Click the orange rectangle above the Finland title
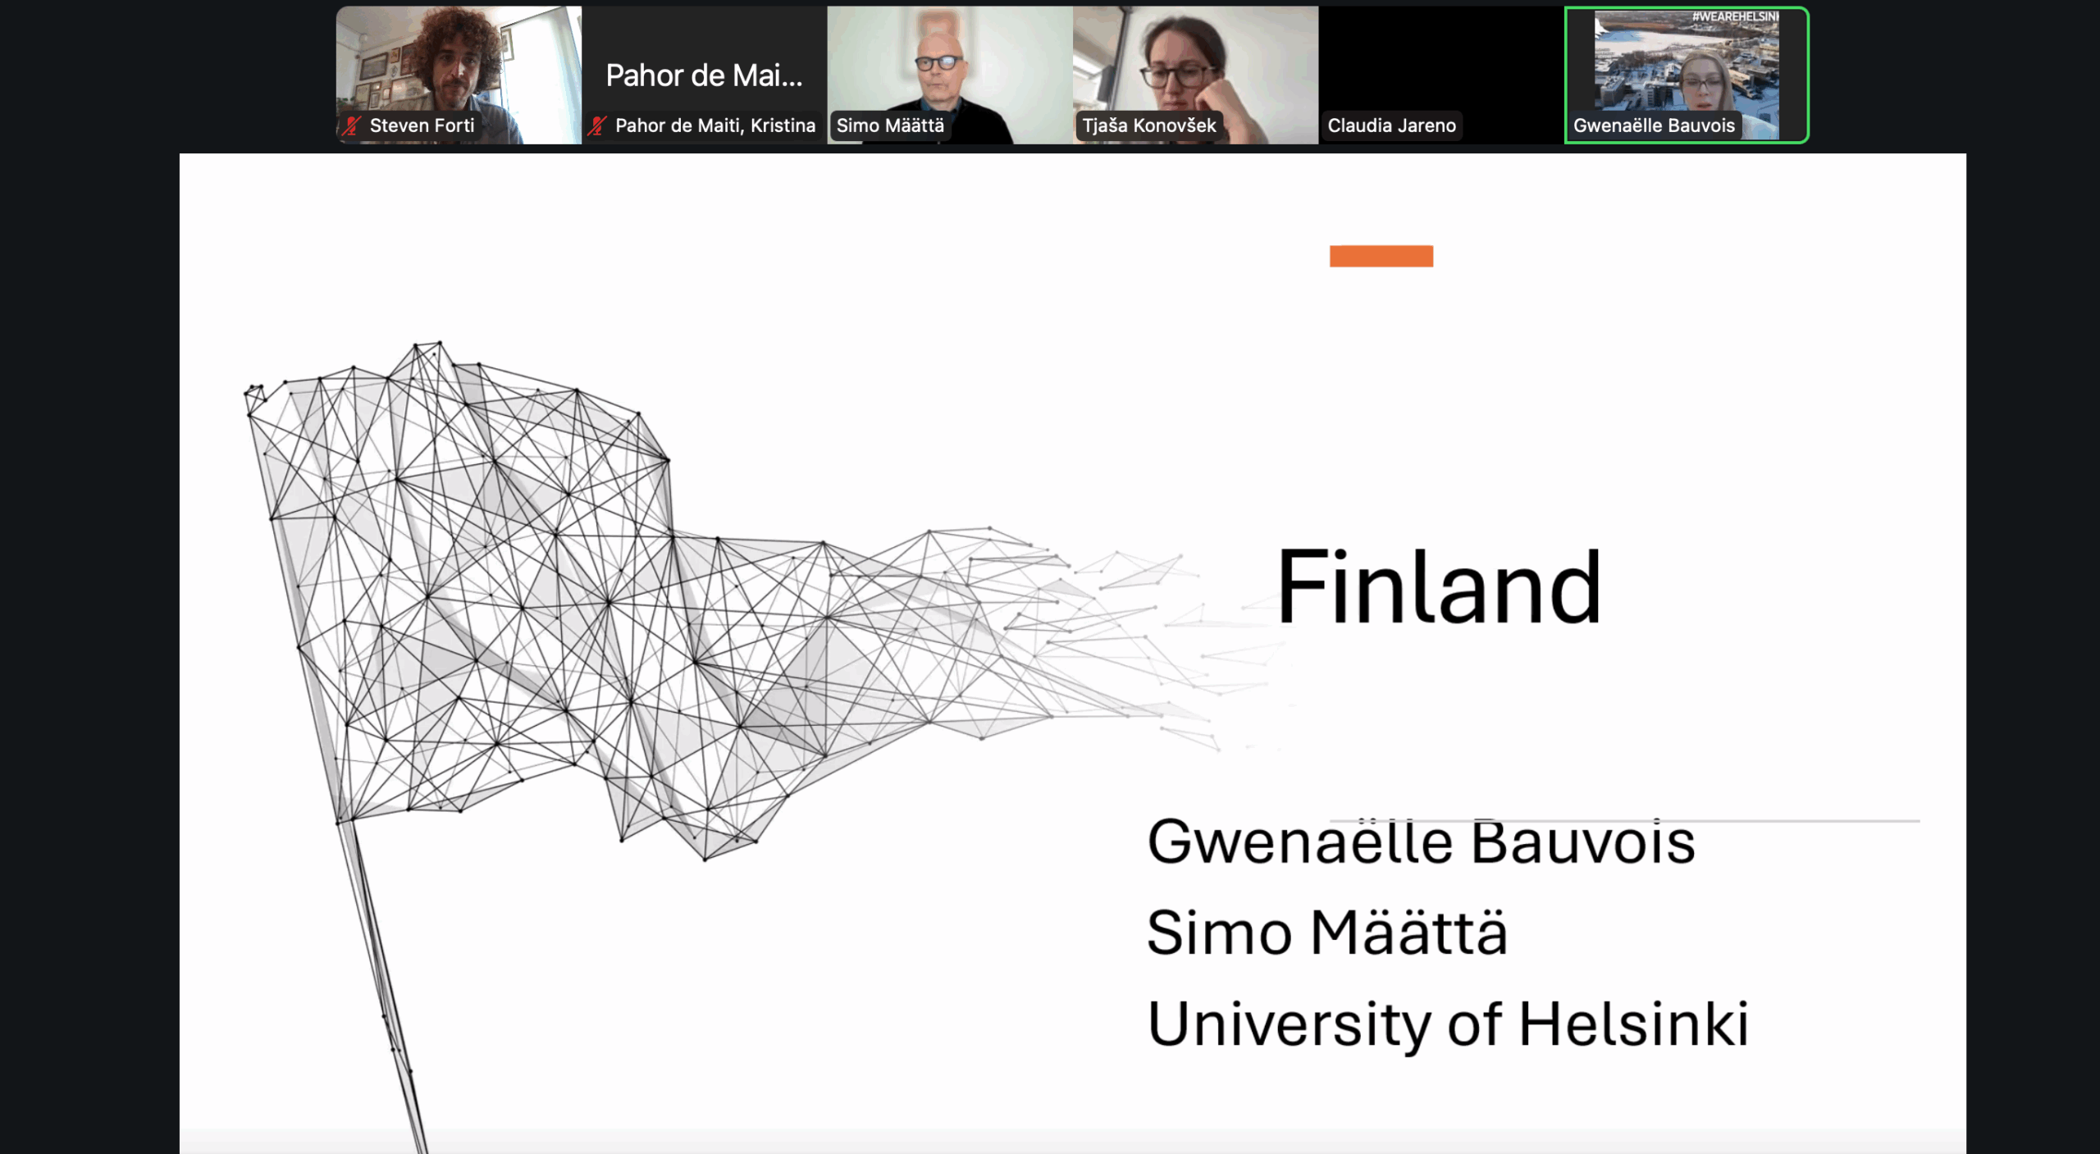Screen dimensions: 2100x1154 coord(1381,256)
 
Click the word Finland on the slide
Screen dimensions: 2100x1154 coord(1439,586)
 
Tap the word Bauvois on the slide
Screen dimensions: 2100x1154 coord(1583,841)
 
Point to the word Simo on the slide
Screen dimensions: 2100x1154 coord(1219,933)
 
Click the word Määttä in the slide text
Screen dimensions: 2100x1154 coord(1408,933)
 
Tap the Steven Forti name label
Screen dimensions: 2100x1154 coord(422,125)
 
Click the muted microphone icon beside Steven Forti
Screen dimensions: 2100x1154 coord(352,125)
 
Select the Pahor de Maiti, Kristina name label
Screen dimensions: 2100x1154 coord(715,125)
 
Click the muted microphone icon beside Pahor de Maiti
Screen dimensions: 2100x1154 coord(597,125)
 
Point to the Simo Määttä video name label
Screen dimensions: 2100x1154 coord(890,125)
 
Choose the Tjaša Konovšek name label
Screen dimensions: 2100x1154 coord(1148,125)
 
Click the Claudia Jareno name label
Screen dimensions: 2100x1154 coord(1391,125)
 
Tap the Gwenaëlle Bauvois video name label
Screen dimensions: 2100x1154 coord(1654,125)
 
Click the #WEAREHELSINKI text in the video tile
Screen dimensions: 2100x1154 coord(1735,16)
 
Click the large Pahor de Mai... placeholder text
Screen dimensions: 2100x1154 coord(704,75)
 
